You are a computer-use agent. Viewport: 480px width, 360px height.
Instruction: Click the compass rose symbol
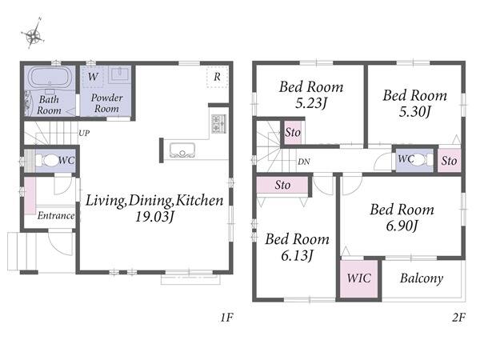33,34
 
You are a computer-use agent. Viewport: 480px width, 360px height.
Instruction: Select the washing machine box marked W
93,77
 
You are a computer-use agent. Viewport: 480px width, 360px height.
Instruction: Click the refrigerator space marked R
217,77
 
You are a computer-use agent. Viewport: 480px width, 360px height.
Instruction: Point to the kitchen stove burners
218,123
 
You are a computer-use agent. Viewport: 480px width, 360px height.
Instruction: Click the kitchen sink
182,150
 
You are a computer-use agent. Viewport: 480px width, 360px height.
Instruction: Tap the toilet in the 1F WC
46,160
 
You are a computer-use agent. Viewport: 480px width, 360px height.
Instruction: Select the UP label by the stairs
84,134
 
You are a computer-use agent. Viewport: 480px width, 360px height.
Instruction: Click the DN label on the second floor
304,162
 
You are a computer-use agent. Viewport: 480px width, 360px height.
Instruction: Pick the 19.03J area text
154,217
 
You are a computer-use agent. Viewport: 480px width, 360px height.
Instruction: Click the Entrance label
56,216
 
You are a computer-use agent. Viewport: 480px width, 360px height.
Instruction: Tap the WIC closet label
358,278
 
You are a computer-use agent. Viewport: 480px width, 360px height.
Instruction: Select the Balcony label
422,278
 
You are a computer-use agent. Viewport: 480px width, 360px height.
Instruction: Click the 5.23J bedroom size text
311,103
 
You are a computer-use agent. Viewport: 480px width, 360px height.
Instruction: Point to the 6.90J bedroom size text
402,226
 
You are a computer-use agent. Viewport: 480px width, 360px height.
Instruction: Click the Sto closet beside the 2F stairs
293,133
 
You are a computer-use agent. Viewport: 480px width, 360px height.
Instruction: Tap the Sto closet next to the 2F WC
449,161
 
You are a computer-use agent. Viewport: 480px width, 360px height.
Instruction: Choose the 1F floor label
227,318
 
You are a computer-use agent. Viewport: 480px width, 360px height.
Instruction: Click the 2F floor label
458,318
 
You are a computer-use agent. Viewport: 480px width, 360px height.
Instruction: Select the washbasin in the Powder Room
120,74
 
